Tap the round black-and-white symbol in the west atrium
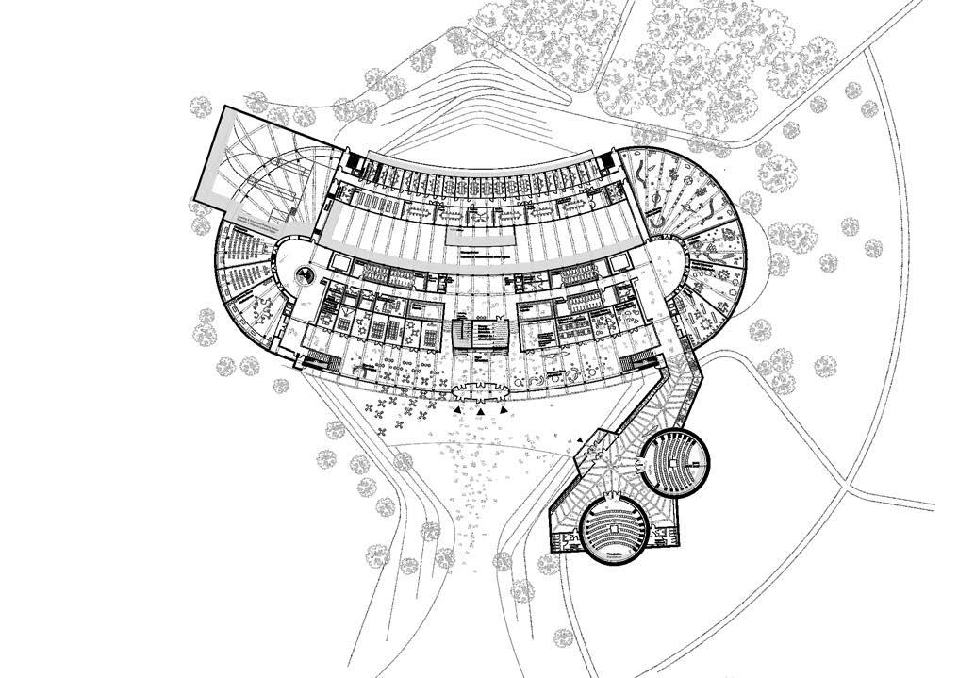(305, 275)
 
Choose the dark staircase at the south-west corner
(315, 360)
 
